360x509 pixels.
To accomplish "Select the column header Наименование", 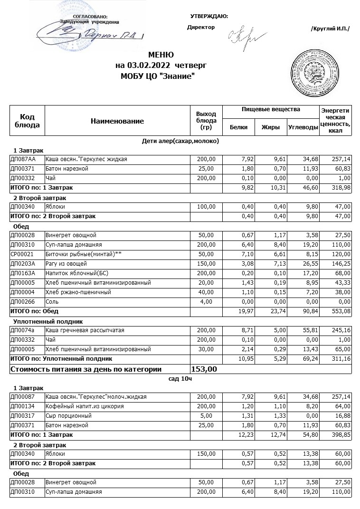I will pos(117,121).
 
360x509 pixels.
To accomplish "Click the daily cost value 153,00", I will pos(204,369).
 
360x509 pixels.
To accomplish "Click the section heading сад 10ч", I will pos(180,379).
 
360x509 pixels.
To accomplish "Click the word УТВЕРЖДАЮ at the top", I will pos(209,17).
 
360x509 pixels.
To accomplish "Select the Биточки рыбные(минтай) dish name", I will pos(84,254).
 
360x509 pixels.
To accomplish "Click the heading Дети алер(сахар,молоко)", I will pos(180,141).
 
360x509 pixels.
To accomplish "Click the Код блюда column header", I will pos(27,121).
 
